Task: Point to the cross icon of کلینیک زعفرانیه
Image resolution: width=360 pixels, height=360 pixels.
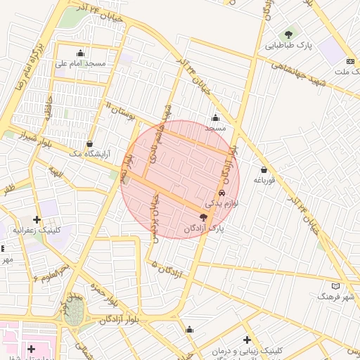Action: (37, 220)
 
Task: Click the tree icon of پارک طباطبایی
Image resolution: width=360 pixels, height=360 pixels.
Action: (288, 34)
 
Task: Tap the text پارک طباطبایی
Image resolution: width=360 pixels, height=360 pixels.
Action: (288, 46)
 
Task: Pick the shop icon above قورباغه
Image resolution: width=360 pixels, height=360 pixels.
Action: (264, 169)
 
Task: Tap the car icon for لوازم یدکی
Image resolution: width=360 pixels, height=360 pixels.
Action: (222, 193)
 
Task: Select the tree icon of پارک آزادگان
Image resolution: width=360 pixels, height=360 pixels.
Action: (203, 218)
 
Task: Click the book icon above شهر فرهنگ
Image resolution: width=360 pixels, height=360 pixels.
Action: (335, 286)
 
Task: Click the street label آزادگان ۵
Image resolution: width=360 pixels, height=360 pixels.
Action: (166, 269)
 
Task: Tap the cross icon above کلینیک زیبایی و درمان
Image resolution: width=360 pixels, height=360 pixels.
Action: (247, 340)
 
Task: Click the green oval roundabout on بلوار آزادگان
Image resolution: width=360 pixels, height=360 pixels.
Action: (73, 314)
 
